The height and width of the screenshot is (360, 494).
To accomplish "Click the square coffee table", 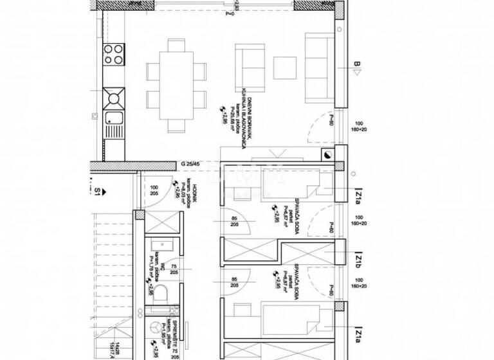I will coord(284,67).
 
